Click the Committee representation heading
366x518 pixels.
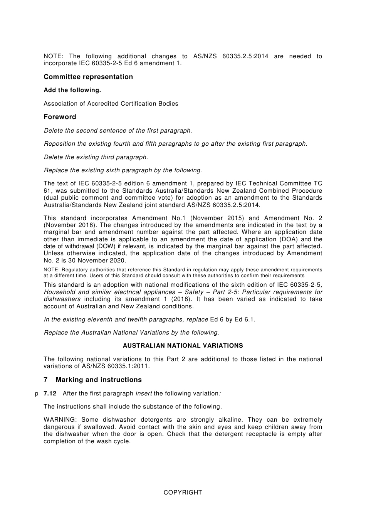(88, 77)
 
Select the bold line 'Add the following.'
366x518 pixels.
(72, 90)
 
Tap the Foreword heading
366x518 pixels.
(60, 117)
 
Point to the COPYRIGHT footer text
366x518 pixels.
(183, 492)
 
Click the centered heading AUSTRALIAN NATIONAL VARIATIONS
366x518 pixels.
(183, 346)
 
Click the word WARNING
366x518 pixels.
(60, 420)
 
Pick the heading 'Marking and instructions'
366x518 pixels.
(99, 380)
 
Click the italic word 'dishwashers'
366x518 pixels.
(62, 299)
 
